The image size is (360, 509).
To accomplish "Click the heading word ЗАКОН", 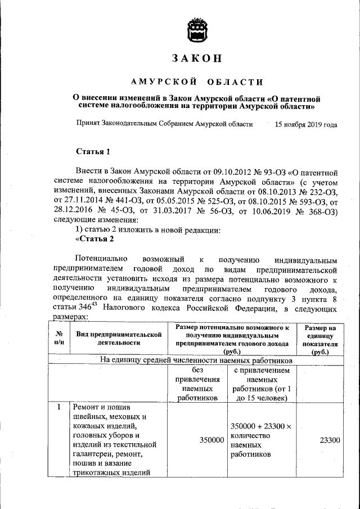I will (197, 58).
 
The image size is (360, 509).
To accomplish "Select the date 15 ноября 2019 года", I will (306, 124).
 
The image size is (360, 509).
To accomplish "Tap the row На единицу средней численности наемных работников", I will (196, 359).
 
